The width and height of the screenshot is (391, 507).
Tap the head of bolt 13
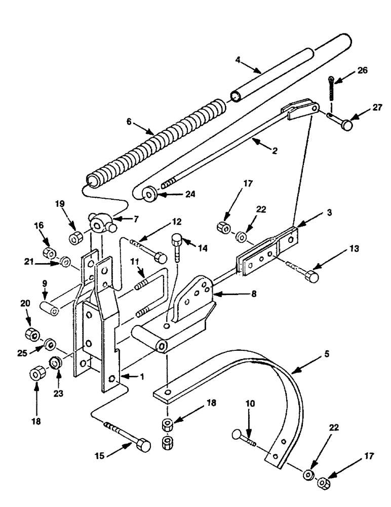[x=312, y=277]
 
